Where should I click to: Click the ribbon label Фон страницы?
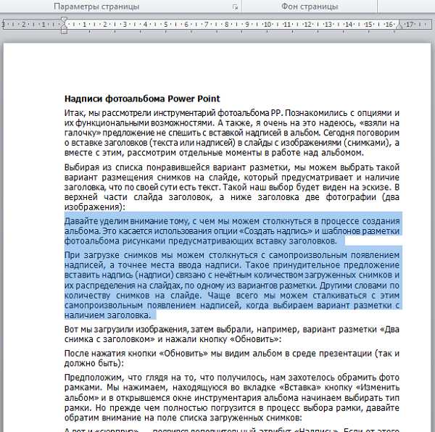click(310, 7)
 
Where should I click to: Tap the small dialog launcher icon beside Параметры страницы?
click(235, 7)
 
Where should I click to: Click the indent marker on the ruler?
click(64, 25)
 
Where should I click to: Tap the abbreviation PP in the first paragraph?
click(272, 114)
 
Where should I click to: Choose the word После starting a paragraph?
click(77, 352)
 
